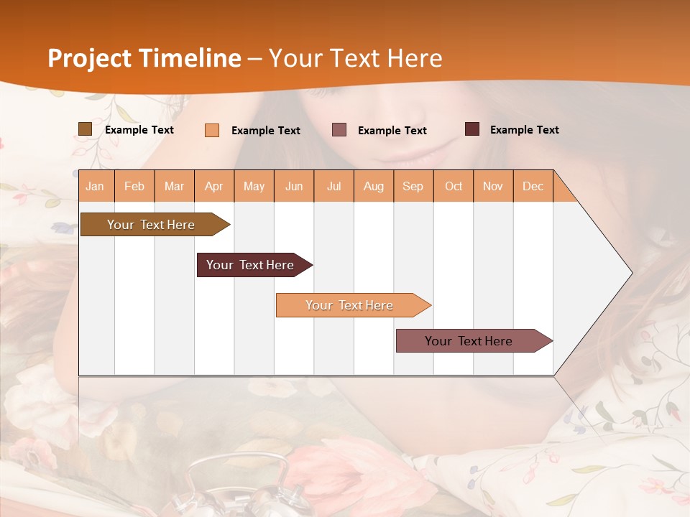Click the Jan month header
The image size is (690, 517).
(95, 187)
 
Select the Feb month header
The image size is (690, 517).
(134, 187)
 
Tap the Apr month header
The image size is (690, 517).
(214, 187)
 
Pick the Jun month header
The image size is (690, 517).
(294, 187)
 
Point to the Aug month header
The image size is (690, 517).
(374, 187)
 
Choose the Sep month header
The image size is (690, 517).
(413, 187)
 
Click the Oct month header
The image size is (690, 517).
(454, 187)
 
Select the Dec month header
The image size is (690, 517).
(533, 187)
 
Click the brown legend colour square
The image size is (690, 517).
(86, 129)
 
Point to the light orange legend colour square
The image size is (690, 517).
(212, 130)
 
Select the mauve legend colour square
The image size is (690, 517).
(339, 130)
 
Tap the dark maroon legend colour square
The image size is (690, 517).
(472, 129)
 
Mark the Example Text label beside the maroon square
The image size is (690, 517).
(524, 130)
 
